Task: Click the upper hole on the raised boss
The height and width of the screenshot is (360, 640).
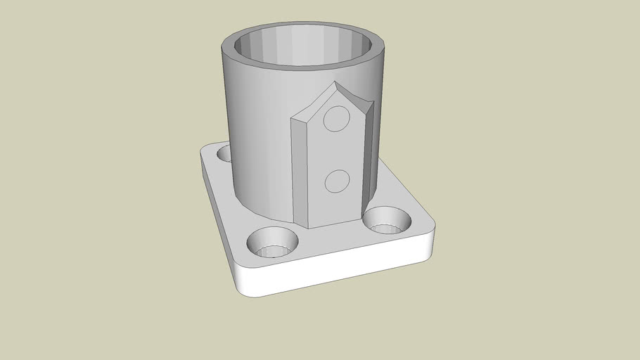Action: coord(337,117)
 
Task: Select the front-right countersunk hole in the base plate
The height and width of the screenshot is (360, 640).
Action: coord(388,220)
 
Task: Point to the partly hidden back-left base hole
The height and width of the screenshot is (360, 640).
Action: coord(225,153)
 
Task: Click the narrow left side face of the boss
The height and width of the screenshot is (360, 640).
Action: coord(299,169)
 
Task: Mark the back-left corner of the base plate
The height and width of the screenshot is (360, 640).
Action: coord(205,150)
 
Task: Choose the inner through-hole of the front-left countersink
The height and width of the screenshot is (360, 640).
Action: coord(271,250)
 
